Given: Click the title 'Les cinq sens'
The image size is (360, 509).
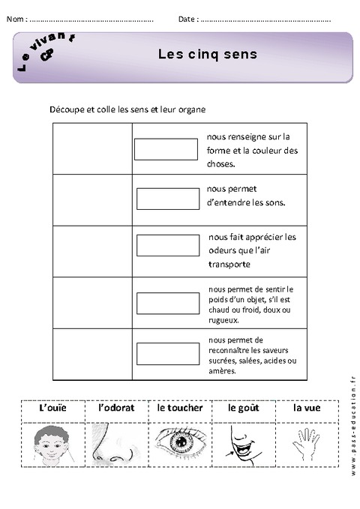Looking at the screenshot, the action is (x=207, y=54).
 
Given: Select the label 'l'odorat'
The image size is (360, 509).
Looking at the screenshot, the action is (x=114, y=409).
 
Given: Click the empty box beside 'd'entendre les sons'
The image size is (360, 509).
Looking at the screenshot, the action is (x=167, y=199).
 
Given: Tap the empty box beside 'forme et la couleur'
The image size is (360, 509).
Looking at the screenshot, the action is (x=166, y=149).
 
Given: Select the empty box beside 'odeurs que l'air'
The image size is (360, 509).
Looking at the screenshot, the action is (x=167, y=246).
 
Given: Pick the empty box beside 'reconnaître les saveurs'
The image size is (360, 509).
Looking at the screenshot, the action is (x=167, y=353).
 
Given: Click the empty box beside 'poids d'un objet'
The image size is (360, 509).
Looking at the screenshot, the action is (x=167, y=303).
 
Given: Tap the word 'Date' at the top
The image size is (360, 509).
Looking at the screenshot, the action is (x=187, y=19).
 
